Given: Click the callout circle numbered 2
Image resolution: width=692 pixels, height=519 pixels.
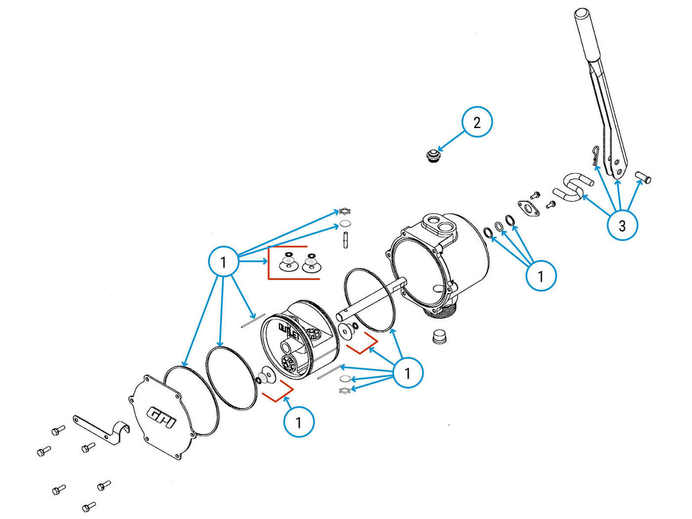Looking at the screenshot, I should pos(477,122).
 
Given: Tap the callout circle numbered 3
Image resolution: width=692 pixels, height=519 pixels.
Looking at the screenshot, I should pos(622,225).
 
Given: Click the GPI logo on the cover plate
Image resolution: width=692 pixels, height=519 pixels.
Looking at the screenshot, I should pos(162,417).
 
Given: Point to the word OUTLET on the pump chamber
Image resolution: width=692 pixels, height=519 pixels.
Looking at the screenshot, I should pos(289,330).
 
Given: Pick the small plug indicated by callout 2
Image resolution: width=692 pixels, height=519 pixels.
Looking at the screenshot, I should pos(433,156).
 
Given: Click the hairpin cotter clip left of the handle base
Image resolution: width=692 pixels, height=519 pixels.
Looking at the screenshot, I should pos(596,156).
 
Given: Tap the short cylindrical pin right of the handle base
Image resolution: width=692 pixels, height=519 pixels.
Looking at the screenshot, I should pos(643,176).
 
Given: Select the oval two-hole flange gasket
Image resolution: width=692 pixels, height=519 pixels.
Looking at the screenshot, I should pos(528,208).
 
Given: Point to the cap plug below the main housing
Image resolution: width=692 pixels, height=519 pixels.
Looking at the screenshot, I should pos(439,337).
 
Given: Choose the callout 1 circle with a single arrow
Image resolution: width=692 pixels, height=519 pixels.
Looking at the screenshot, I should pos(299,422).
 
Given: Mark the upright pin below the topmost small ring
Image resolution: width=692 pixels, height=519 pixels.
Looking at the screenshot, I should pos(345,240).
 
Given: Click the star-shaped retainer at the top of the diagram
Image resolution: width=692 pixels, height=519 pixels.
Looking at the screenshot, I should pos(345,212).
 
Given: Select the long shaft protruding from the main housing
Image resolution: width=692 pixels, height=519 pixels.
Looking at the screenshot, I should pos(371,299).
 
